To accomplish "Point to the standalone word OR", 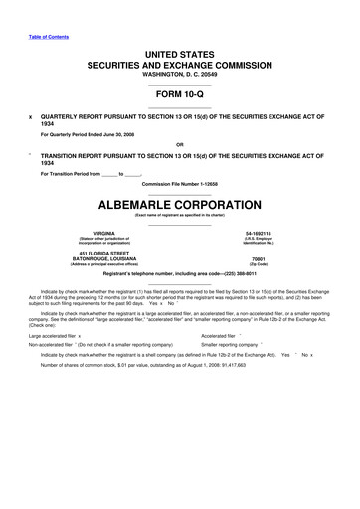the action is click(x=179, y=143).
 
